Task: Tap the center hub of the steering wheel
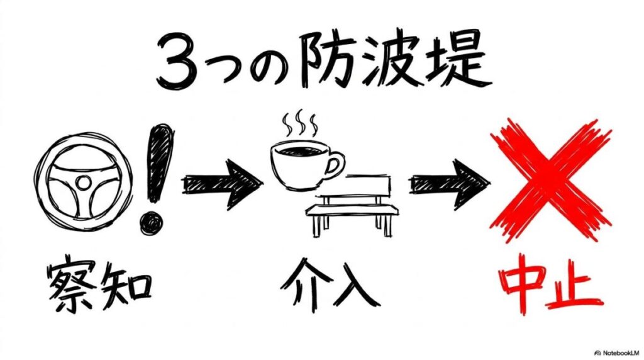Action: (84, 182)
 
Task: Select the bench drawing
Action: (352, 205)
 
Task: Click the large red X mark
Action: (551, 181)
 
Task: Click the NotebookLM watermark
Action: (618, 352)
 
